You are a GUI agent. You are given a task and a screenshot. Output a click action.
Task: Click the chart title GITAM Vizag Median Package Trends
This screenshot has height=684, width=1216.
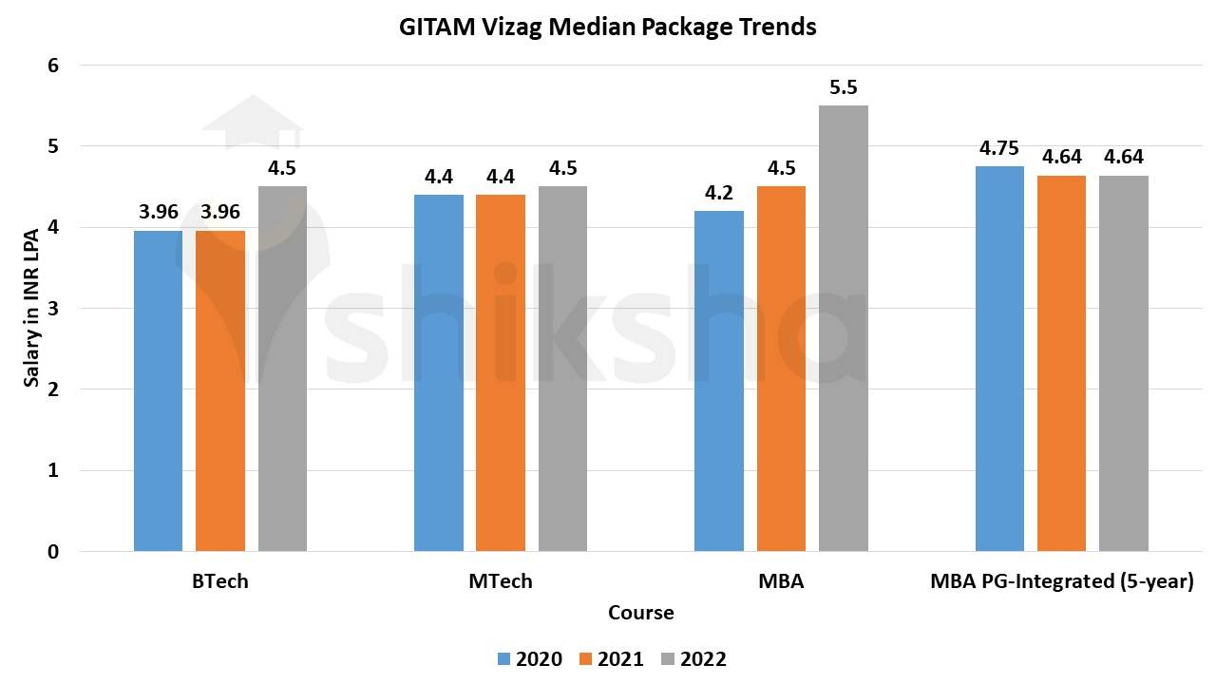[608, 27]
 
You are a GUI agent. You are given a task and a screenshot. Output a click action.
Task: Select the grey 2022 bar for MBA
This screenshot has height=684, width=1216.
[843, 328]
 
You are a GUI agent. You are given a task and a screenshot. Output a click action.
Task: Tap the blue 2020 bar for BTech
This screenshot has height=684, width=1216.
[158, 390]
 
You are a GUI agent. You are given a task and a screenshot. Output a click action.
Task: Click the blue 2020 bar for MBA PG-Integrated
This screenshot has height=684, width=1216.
[999, 358]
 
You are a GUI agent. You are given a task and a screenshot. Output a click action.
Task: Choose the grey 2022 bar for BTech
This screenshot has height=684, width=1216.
[282, 369]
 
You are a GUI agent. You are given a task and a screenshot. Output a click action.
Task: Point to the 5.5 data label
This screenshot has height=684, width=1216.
[843, 87]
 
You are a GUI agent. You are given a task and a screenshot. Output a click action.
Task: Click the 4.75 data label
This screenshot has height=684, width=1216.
[999, 148]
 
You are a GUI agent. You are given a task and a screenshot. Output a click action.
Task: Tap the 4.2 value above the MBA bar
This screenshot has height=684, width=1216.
[719, 193]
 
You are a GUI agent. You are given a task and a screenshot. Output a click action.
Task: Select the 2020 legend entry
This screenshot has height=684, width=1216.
[529, 658]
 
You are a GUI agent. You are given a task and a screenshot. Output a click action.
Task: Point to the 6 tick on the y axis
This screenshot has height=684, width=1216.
[53, 66]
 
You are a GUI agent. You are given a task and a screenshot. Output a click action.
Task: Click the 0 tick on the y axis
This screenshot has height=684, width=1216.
[53, 551]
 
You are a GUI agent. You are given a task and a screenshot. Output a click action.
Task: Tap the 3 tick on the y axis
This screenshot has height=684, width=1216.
[53, 309]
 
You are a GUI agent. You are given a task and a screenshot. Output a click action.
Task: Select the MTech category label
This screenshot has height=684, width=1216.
[501, 581]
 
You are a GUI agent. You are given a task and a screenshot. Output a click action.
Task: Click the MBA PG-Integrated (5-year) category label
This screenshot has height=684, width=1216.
[1061, 581]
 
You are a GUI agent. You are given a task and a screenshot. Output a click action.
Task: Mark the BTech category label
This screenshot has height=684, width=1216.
[219, 581]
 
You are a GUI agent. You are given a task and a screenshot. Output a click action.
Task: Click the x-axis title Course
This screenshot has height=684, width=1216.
[641, 613]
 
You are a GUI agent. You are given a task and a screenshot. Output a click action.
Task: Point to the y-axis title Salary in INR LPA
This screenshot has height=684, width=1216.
[31, 309]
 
